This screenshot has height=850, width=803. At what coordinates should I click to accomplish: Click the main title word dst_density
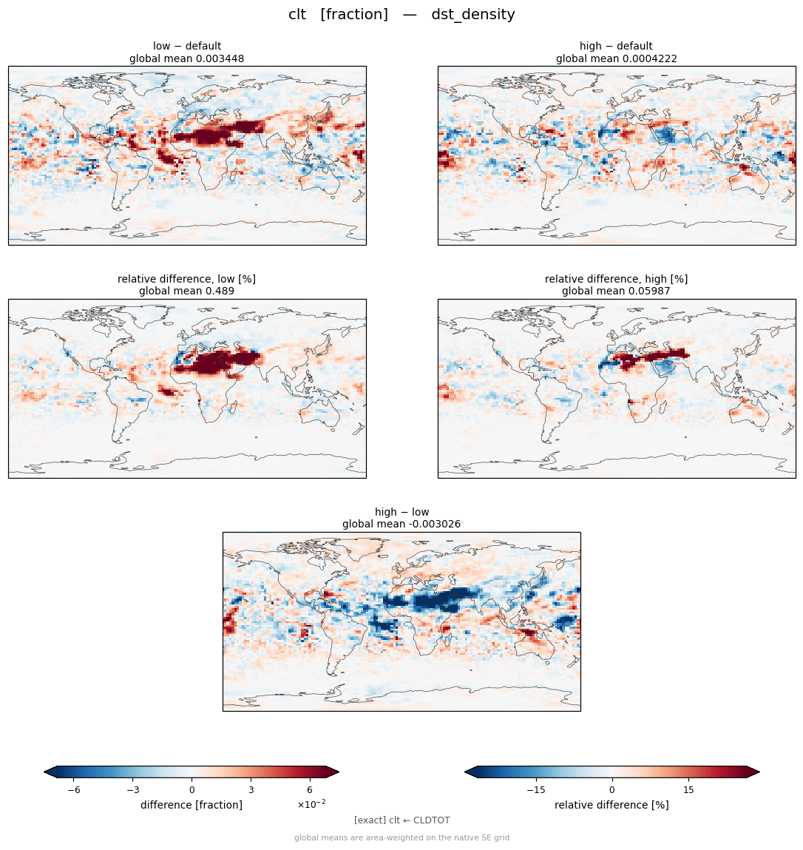[473, 15]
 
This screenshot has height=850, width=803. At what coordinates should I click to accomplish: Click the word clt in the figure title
[297, 14]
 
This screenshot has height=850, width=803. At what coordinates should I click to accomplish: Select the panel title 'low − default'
[187, 46]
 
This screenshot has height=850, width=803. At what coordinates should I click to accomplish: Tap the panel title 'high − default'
[616, 46]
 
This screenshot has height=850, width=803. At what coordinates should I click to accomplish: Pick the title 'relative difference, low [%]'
[186, 279]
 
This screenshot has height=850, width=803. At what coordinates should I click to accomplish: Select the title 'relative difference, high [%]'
[616, 279]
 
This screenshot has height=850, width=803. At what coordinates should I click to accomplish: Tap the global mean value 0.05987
[649, 291]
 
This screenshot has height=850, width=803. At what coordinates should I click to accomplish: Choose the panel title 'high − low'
[402, 512]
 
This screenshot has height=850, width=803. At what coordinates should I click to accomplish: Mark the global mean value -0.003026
[433, 524]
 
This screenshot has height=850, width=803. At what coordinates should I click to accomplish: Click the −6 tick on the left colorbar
[74, 790]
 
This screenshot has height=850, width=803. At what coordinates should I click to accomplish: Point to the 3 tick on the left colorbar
[251, 790]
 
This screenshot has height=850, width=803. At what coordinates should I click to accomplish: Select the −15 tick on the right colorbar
[536, 790]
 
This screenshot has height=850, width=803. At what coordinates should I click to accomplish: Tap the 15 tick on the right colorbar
[688, 790]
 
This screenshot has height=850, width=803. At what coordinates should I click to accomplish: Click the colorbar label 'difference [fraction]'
[192, 805]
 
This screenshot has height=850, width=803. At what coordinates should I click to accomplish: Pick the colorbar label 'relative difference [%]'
[611, 805]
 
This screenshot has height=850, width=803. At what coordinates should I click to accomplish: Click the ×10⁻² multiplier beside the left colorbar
[311, 804]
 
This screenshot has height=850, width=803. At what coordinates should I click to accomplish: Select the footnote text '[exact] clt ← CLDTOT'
[402, 820]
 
